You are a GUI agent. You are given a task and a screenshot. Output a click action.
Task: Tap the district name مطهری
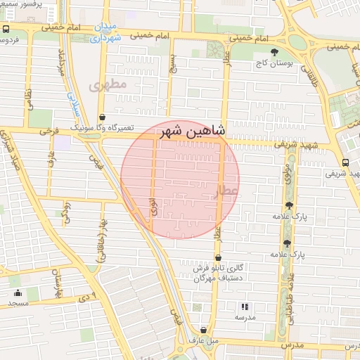(108, 86)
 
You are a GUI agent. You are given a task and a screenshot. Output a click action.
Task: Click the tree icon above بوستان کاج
(274, 53)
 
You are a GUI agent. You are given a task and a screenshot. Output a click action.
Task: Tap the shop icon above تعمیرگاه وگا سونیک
(103, 117)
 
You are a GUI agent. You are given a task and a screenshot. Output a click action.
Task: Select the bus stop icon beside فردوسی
(6, 30)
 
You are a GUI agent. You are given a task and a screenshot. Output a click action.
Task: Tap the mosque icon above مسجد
(18, 293)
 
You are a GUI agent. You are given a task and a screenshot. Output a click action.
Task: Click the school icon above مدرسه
(245, 307)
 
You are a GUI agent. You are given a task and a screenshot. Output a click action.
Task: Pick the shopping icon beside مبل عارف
(203, 330)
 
